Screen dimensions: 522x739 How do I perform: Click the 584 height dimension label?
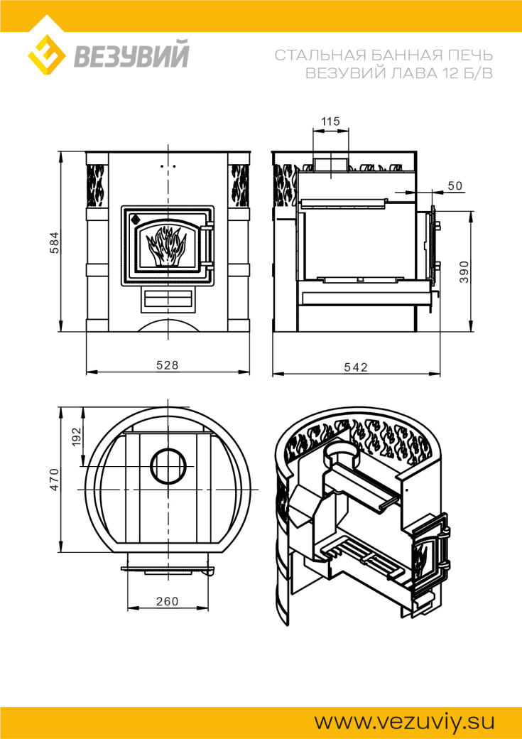55,243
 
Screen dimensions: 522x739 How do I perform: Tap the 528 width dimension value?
168,365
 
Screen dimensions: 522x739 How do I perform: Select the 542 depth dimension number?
356,367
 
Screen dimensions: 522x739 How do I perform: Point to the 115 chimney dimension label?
330,121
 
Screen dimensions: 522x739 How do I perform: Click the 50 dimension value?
455,185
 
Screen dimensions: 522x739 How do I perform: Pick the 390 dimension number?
464,271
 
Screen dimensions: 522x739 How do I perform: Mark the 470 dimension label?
55,480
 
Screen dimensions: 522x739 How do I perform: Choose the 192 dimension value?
77,436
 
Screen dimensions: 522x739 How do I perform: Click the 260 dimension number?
168,601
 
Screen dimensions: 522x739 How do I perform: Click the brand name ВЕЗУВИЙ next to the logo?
131,55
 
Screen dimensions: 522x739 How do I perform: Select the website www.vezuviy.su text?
404,721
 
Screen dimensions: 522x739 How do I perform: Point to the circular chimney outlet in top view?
168,465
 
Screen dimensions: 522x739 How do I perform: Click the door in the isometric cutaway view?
430,559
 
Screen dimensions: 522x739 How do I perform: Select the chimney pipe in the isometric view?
340,455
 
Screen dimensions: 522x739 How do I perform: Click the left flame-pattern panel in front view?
97,185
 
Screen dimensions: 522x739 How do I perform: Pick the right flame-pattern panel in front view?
239,185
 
